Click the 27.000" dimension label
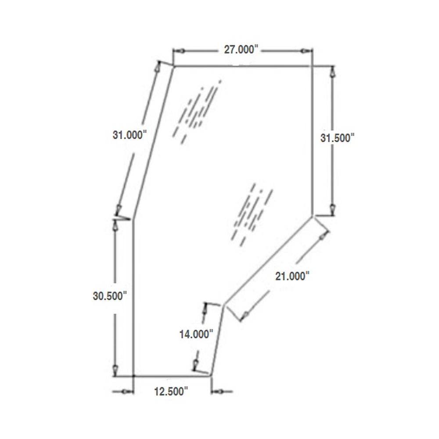tap(240, 50)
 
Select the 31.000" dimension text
tap(129, 135)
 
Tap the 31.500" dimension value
tap(337, 138)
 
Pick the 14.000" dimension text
tap(196, 334)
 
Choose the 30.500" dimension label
tap(110, 296)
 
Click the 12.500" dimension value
tap(171, 391)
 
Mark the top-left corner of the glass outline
tap(174, 66)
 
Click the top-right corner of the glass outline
tap(312, 66)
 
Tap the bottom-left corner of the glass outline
tap(133, 376)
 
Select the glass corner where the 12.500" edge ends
tap(211, 376)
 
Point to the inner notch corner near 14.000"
tap(224, 305)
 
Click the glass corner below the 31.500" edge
tap(312, 216)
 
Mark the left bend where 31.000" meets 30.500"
tap(133, 218)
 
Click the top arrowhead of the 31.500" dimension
tap(332, 72)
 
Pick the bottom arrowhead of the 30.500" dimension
tap(115, 370)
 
